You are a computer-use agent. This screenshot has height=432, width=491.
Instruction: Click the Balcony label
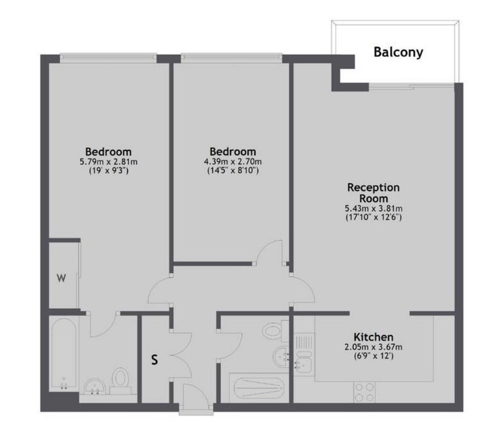(x=398, y=52)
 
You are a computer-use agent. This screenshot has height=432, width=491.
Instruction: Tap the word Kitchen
(x=374, y=337)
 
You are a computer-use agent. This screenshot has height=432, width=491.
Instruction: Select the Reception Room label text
(x=374, y=193)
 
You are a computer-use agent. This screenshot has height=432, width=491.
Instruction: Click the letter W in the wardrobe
(x=61, y=278)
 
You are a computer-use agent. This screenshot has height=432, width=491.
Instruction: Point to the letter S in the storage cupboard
(x=155, y=360)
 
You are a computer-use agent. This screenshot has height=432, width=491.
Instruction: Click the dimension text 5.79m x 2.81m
(x=109, y=162)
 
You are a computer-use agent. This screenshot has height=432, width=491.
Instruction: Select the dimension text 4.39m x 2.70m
(x=233, y=162)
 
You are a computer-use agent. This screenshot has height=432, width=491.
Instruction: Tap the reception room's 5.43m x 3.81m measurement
(x=374, y=209)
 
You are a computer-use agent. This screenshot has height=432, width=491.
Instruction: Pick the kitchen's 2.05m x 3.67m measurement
(x=374, y=347)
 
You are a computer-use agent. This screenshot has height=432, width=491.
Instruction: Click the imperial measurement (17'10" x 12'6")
(x=374, y=217)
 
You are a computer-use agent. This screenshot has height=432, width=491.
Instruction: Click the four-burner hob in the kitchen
(x=364, y=392)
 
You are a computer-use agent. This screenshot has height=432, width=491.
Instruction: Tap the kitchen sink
(x=303, y=353)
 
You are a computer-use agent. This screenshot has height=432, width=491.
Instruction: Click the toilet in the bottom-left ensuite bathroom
(x=120, y=380)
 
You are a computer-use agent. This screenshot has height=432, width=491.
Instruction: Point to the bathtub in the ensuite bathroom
(x=64, y=354)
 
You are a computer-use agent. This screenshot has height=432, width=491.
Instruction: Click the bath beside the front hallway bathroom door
(x=259, y=388)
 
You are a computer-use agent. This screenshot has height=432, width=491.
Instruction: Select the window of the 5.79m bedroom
(x=108, y=58)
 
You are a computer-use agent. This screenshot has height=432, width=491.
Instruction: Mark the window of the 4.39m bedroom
(x=231, y=58)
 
